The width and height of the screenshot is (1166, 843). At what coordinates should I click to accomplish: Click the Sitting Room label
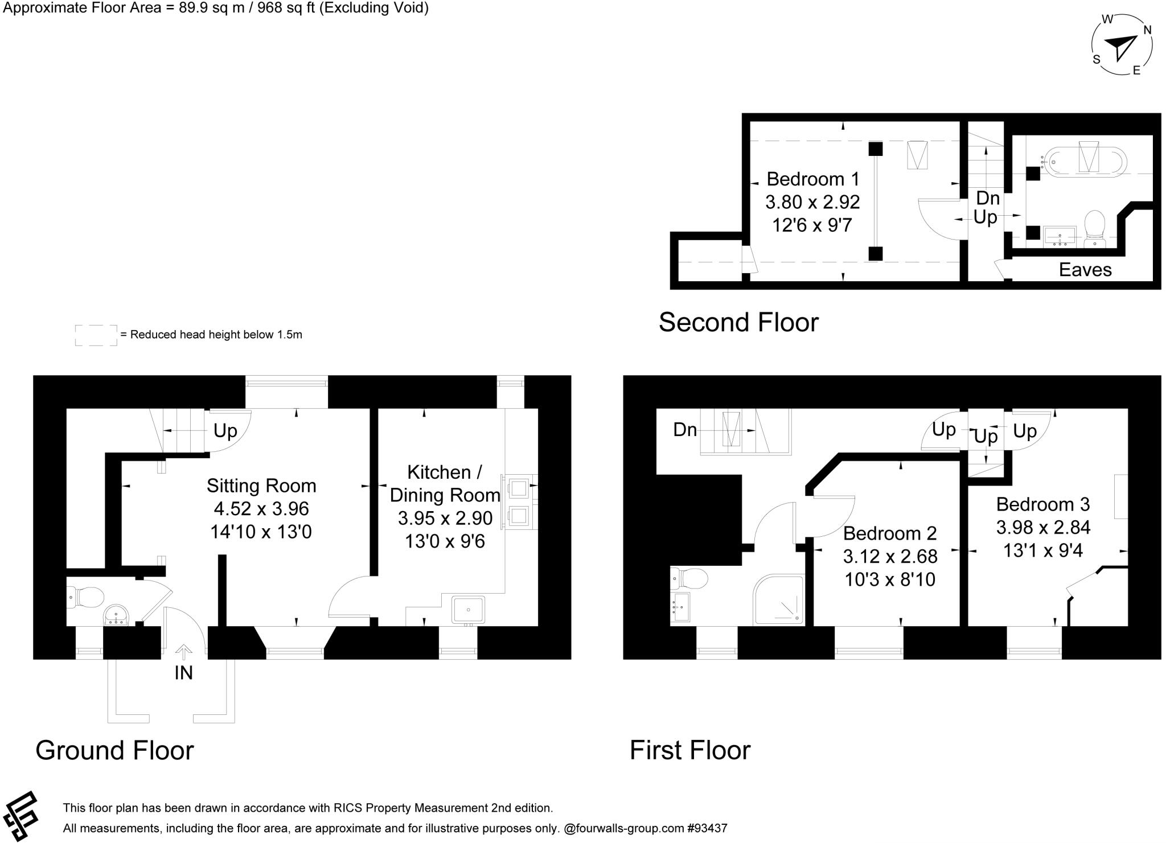[261, 486]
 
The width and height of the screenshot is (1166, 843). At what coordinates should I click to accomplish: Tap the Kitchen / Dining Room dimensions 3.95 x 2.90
[445, 518]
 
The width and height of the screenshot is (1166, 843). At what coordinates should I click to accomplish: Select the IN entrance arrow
[183, 652]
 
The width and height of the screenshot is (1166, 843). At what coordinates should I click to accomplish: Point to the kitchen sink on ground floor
[468, 610]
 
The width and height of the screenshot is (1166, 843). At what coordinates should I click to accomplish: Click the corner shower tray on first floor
[779, 601]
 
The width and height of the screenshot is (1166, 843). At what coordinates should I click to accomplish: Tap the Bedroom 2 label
[889, 533]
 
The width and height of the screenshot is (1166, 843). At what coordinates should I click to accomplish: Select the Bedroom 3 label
[1042, 504]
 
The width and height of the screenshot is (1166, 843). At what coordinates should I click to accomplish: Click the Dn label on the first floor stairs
[685, 430]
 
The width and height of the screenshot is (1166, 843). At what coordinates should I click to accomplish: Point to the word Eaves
[1085, 270]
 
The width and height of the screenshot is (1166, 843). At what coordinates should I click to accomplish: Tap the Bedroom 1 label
[812, 179]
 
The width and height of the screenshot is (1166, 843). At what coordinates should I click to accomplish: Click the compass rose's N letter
[1147, 30]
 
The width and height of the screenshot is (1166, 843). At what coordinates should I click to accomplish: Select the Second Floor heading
[738, 322]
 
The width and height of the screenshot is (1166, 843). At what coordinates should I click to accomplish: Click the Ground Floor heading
[114, 750]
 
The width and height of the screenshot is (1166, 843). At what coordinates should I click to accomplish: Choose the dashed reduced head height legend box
[96, 335]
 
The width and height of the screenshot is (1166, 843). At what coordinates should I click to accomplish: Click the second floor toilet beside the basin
[1094, 226]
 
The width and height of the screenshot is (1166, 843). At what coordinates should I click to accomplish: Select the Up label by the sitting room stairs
[225, 431]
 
